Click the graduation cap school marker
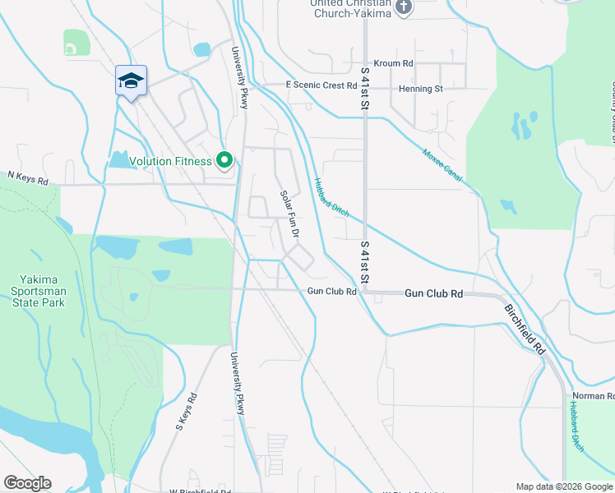coord(131,81)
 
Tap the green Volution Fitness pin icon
coord(224,160)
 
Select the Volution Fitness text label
coord(170,161)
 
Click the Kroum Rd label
coord(393,63)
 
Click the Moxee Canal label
coord(442,164)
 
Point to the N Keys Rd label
coord(28,176)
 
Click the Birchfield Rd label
coord(525,328)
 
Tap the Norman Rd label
coord(594,396)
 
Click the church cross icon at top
coord(403,7)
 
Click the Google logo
coord(27,483)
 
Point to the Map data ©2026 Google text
coord(564,486)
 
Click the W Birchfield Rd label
coord(200,491)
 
